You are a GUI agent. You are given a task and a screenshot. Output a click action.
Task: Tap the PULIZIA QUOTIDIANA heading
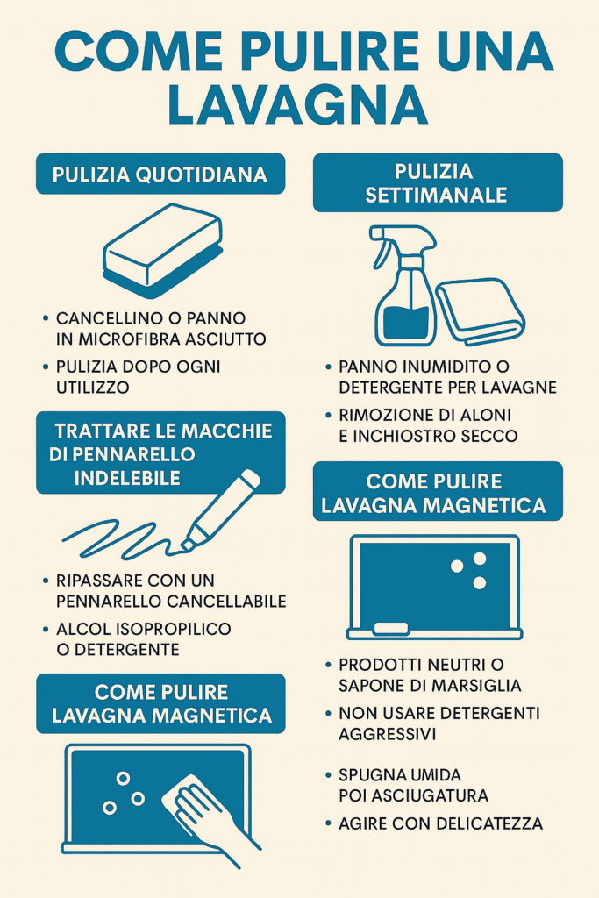pos(160,175)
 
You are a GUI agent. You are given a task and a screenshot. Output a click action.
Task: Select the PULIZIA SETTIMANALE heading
pos(437,182)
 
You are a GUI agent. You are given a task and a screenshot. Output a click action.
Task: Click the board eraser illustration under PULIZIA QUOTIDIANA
pos(163,250)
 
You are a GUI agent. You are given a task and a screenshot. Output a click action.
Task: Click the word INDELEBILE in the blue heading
pos(127,477)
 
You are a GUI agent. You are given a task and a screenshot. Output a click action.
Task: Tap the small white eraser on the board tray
pos(391,628)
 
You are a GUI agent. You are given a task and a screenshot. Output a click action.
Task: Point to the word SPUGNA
pos(374,775)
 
